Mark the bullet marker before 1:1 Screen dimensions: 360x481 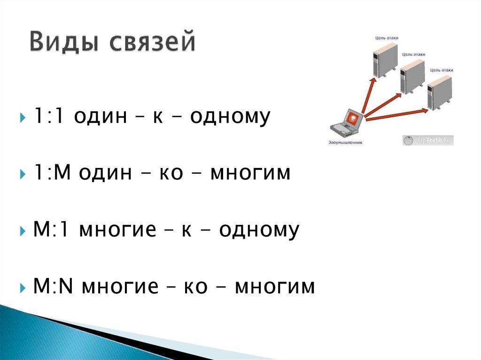(x=23, y=117)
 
